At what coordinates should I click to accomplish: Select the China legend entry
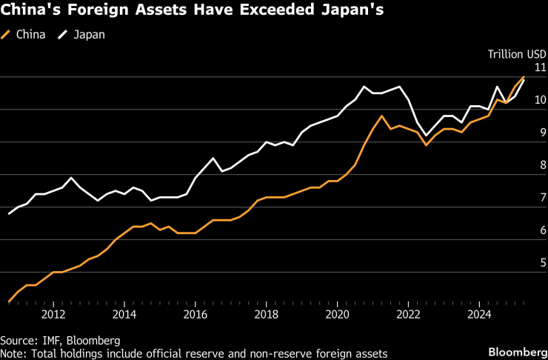pos(30,35)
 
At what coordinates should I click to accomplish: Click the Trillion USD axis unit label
pos(517,53)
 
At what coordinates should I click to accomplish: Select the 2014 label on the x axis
pos(124,314)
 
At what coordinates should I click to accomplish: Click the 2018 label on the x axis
pos(267,314)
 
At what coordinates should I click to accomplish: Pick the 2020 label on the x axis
pos(338,314)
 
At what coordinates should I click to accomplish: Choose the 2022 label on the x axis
pos(409,314)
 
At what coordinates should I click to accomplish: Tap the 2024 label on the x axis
pos(480,314)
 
